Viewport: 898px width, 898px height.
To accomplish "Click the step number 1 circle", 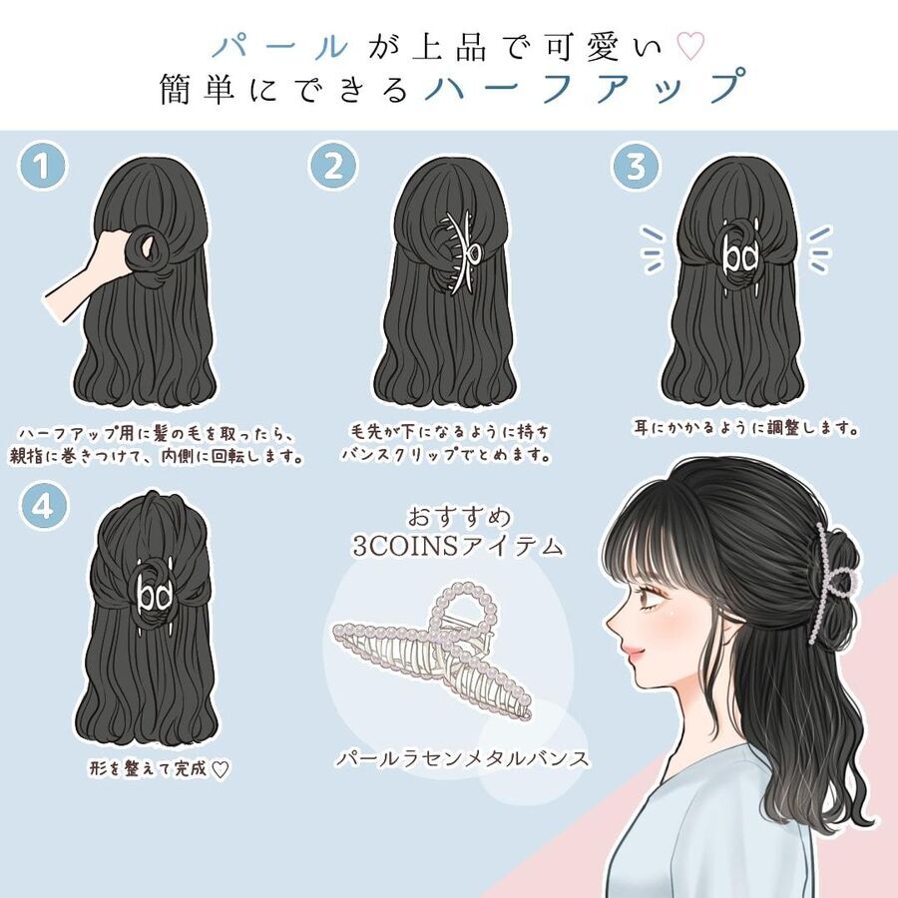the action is click(x=42, y=166).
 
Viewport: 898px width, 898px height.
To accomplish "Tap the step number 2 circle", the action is click(x=333, y=166).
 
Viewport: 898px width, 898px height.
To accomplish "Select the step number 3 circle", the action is click(x=636, y=166).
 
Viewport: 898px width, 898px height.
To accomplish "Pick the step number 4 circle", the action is click(x=42, y=506).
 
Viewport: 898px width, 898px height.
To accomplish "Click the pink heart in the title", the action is click(x=690, y=46).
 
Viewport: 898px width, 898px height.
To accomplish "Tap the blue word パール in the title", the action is click(x=280, y=46).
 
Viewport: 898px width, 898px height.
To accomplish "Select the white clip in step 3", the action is click(x=739, y=257).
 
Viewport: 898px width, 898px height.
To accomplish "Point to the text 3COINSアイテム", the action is click(x=457, y=546).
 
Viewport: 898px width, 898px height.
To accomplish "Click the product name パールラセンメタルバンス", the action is click(x=463, y=759).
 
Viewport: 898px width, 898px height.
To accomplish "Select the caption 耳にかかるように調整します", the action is click(x=745, y=427).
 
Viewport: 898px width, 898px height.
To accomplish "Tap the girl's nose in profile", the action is click(x=612, y=622).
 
